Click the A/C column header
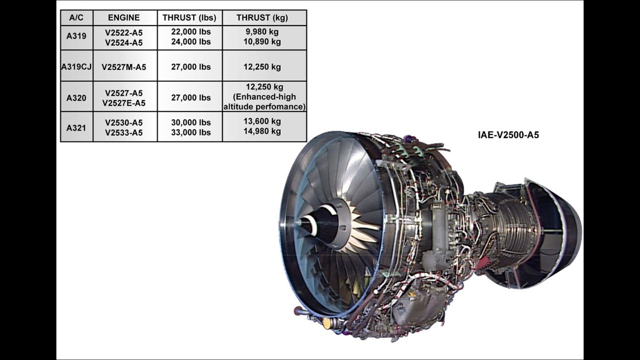[x=76, y=17]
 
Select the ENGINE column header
[x=124, y=17]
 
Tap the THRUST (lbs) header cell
[x=189, y=17]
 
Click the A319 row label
[x=76, y=36]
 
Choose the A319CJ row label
[x=76, y=66]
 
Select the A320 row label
[x=76, y=98]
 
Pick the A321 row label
[x=76, y=127]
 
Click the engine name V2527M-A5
[x=124, y=67]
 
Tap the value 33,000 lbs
[x=191, y=132]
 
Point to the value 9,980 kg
[x=262, y=31]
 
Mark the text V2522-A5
[x=124, y=32]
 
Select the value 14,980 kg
[x=262, y=131]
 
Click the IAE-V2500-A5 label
[x=508, y=135]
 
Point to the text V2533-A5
[x=124, y=133]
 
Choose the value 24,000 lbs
[x=191, y=42]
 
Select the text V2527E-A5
[x=124, y=103]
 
